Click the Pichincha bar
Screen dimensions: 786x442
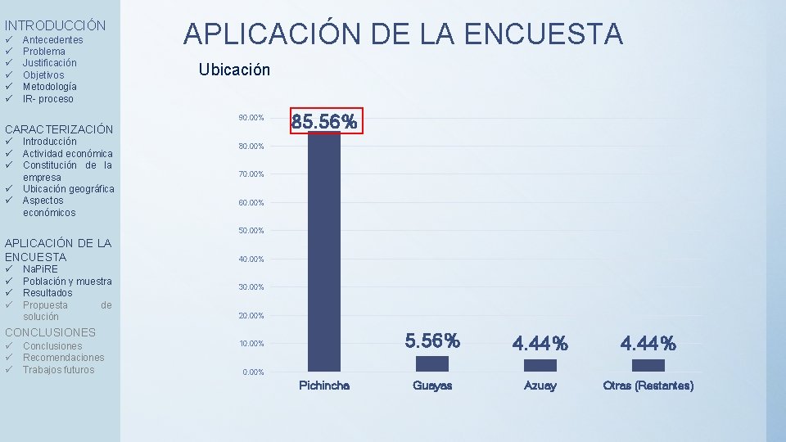(324, 251)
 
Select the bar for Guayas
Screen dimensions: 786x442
(432, 363)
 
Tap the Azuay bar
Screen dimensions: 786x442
(540, 365)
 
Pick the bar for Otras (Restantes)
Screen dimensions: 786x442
(648, 365)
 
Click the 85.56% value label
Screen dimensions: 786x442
(324, 121)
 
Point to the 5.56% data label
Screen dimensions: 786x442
(432, 341)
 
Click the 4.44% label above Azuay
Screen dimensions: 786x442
(540, 343)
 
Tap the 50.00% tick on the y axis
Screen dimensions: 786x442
(251, 231)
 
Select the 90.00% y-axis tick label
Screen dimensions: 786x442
(251, 118)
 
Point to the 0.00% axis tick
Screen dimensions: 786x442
(253, 372)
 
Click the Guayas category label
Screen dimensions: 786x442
(432, 386)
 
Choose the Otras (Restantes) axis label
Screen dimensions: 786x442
(648, 386)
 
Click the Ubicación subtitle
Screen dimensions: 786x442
(234, 70)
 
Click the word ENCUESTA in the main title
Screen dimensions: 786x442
(544, 34)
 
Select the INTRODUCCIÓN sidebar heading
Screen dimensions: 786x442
(55, 25)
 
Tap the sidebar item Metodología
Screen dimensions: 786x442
(50, 87)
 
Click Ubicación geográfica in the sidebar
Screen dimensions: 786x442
(69, 189)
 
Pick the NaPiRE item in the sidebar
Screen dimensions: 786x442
(40, 269)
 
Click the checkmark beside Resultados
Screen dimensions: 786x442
(9, 293)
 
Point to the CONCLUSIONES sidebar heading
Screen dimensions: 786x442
(50, 332)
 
